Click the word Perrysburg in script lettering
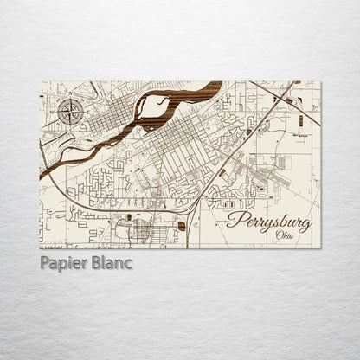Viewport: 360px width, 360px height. point(269,221)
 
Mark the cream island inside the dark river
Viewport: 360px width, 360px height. point(157,106)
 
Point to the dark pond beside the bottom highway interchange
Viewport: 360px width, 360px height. point(182,226)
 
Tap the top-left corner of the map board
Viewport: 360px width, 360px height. point(40,82)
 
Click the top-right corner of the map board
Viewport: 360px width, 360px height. point(320,82)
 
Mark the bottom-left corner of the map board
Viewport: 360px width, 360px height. point(40,248)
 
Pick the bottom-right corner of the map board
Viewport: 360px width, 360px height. point(320,248)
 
